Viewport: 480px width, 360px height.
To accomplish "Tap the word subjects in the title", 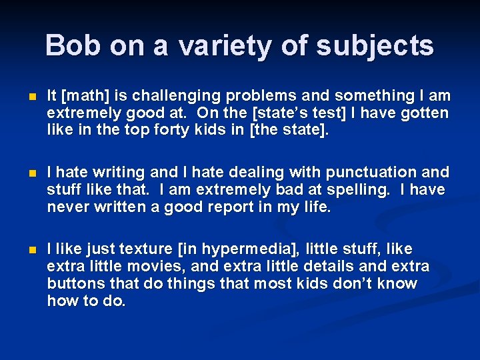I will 374,46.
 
